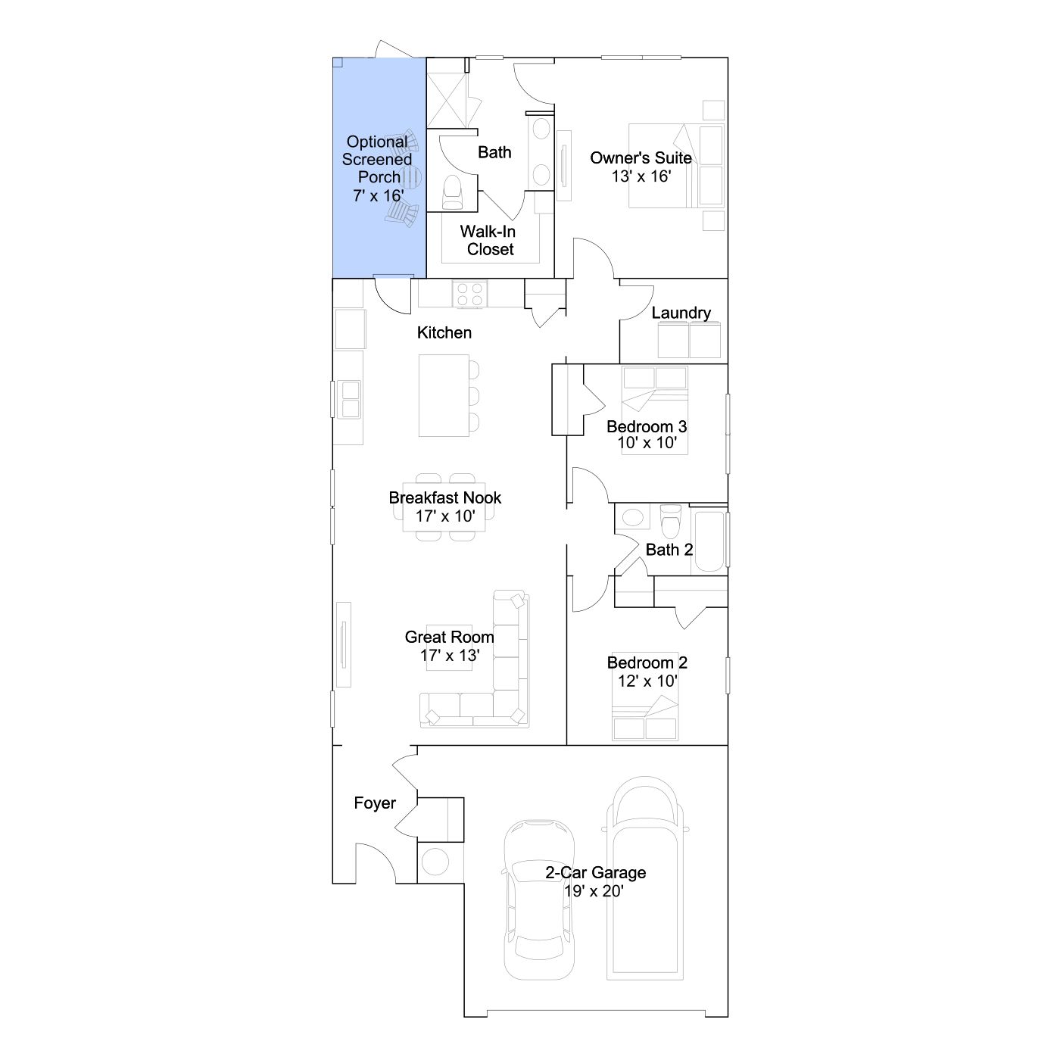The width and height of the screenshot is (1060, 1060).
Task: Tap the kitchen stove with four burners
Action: pyautogui.click(x=469, y=293)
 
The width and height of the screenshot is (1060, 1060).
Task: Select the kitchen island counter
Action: pyautogui.click(x=444, y=395)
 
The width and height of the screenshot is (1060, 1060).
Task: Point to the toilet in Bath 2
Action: pyautogui.click(x=670, y=521)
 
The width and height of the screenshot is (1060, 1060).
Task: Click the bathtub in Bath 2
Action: pyautogui.click(x=709, y=541)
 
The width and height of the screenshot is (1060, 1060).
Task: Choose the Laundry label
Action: pyautogui.click(x=681, y=313)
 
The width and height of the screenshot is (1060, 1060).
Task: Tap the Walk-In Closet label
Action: pyautogui.click(x=488, y=240)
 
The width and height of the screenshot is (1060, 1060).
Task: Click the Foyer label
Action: pyautogui.click(x=375, y=803)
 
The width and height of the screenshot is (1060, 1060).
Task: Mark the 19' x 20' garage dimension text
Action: pyautogui.click(x=594, y=890)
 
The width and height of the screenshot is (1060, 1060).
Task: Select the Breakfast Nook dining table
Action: pyautogui.click(x=444, y=507)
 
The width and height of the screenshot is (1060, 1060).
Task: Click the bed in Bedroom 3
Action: pyautogui.click(x=655, y=410)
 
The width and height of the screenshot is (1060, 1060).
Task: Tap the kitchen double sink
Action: pyautogui.click(x=351, y=399)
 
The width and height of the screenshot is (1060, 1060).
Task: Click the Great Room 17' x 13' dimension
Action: pyautogui.click(x=450, y=656)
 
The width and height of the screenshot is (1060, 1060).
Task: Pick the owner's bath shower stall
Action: pyautogui.click(x=447, y=99)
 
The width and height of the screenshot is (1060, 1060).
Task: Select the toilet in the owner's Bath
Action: pyautogui.click(x=453, y=192)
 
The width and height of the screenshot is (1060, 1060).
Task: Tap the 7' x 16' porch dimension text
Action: pyautogui.click(x=379, y=195)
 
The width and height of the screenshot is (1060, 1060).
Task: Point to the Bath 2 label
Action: pyautogui.click(x=669, y=550)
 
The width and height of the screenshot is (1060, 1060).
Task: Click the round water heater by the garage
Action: pyautogui.click(x=435, y=859)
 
